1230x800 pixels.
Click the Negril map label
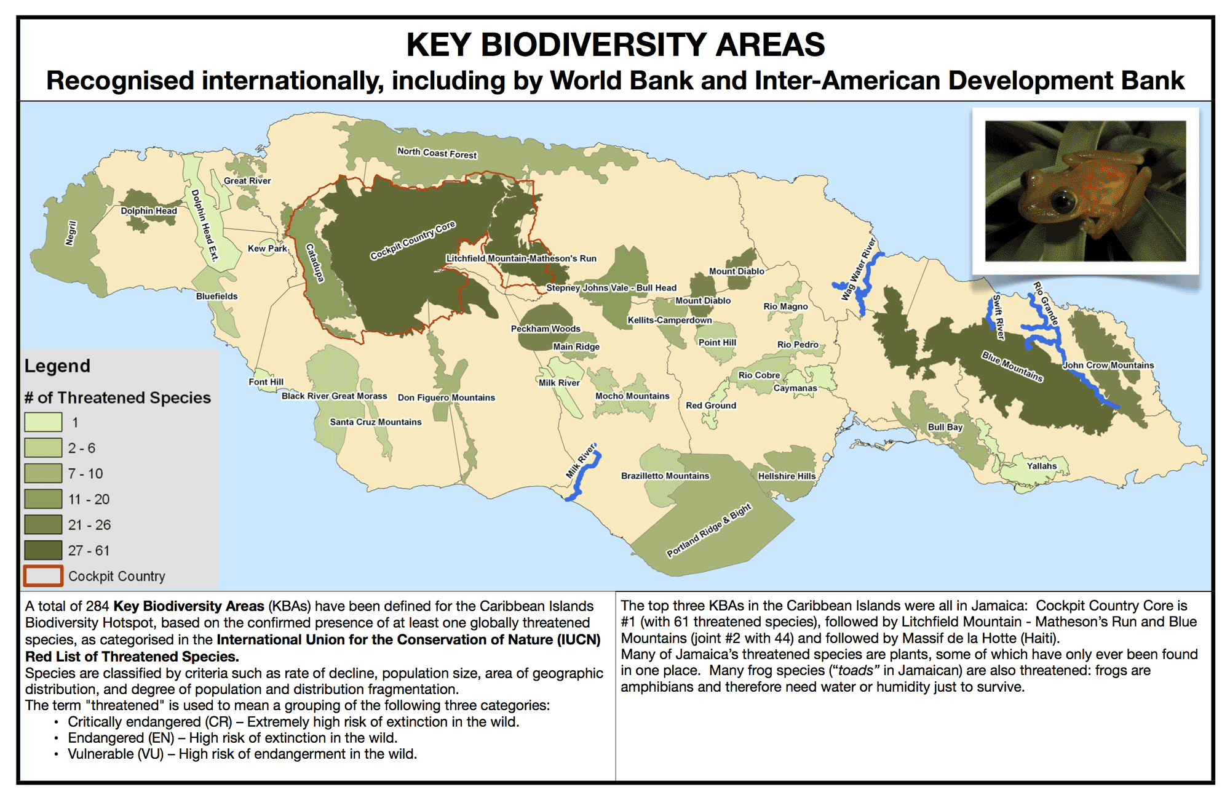coord(71,233)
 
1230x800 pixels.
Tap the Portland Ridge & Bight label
coord(709,530)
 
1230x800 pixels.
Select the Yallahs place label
coord(1042,466)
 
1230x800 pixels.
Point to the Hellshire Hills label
coord(787,476)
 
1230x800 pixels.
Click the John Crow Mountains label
coord(1108,365)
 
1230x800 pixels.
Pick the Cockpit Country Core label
coord(413,240)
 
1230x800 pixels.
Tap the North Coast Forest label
coord(437,153)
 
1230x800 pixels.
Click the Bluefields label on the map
coord(216,296)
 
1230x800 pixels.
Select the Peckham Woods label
coord(546,329)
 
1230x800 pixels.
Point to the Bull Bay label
coord(945,427)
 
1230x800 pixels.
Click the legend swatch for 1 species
coord(43,422)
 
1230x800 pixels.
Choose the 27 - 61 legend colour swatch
coord(43,550)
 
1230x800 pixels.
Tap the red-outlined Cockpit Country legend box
coord(43,576)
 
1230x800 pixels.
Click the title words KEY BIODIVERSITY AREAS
coord(616,44)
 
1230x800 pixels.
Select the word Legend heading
coord(57,366)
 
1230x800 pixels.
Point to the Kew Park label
coord(268,249)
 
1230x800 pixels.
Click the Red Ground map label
coord(711,406)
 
